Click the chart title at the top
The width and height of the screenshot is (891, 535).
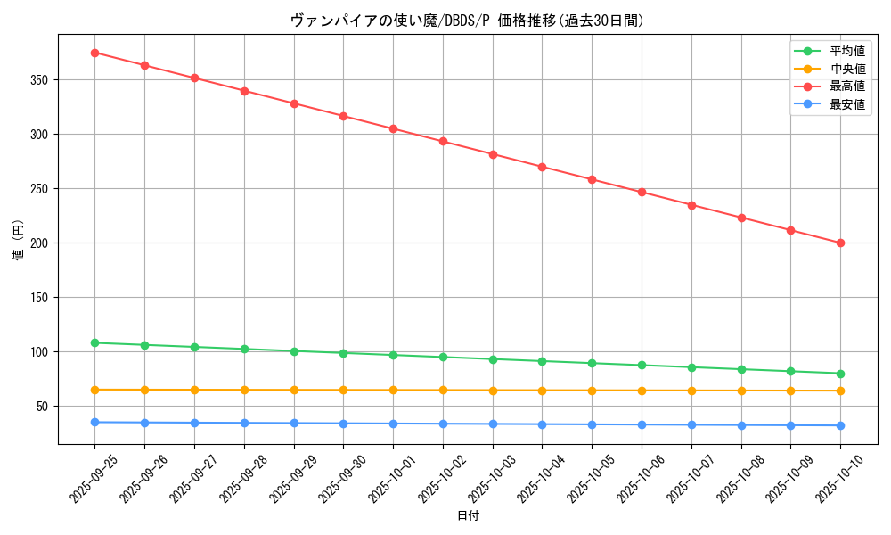467,21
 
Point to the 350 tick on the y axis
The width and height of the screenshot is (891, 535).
39,80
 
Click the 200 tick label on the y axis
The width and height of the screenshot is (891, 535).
39,243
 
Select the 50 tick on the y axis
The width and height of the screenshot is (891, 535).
43,406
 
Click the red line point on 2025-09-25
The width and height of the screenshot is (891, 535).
94,53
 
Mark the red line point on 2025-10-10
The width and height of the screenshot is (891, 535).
840,243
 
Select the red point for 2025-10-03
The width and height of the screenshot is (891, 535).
493,154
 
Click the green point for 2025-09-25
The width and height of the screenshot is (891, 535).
94,342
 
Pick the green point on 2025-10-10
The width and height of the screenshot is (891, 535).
840,374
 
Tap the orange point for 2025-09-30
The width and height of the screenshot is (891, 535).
343,390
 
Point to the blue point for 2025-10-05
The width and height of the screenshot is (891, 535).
592,424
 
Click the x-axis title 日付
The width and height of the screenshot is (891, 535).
468,516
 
